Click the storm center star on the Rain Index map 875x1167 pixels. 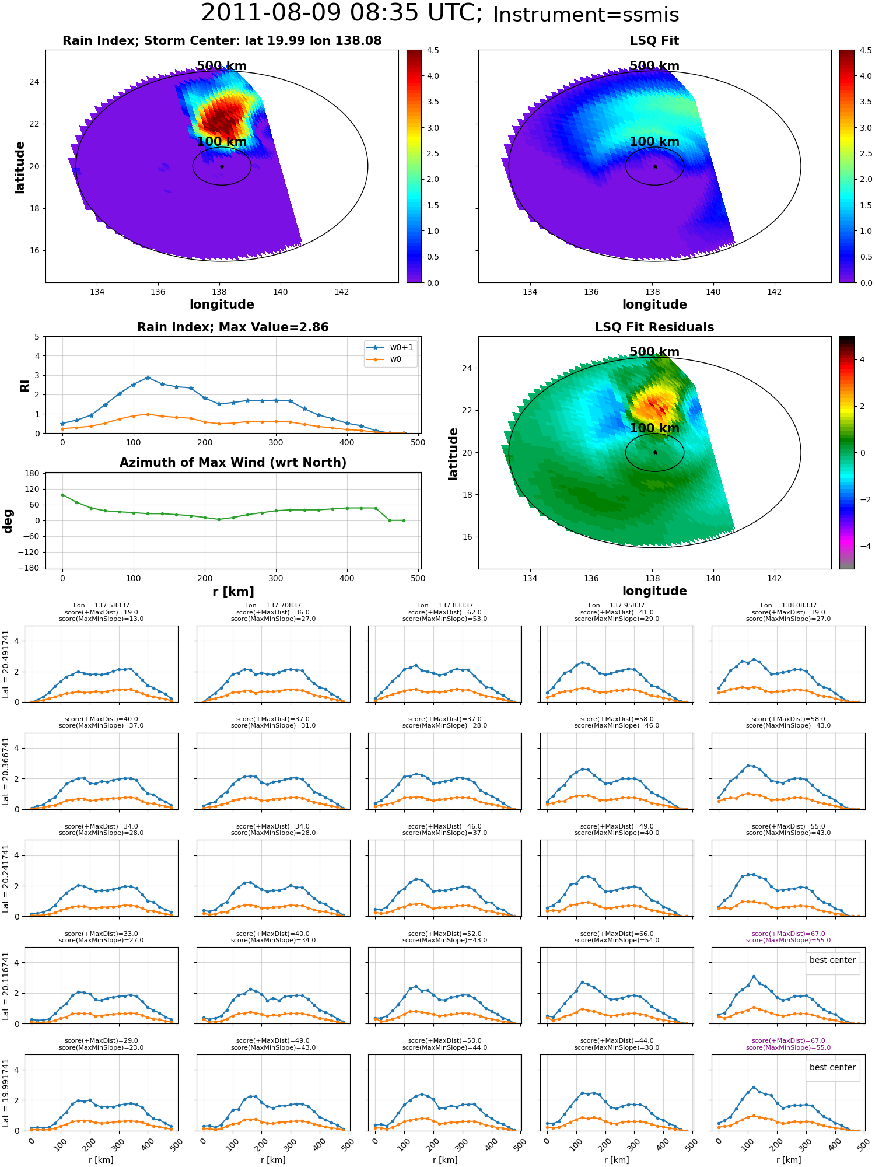222,166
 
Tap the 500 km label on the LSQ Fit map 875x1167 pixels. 654,66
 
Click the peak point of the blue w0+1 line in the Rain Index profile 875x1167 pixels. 148,378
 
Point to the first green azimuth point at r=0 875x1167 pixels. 62,495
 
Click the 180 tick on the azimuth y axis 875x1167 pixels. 33,473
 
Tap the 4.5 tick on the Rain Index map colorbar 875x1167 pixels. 433,50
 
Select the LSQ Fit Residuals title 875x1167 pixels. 654,327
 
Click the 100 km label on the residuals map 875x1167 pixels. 654,428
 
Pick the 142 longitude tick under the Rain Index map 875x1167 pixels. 341,292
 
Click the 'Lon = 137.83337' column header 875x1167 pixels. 445,606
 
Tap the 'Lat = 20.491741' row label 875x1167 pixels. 6,664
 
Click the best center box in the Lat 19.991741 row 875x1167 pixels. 832,1067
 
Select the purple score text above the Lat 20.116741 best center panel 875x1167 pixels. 788,937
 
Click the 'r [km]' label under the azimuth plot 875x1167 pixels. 233,592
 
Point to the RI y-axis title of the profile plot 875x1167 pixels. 24,386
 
